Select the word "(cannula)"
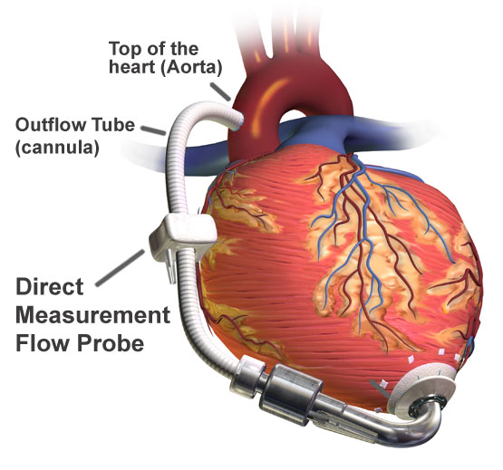57,148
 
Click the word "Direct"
50,286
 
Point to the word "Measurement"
92,314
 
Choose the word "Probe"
111,342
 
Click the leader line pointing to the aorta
221,91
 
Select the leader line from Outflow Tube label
153,130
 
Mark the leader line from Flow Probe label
121,268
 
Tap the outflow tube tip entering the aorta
239,121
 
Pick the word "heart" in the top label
132,68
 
